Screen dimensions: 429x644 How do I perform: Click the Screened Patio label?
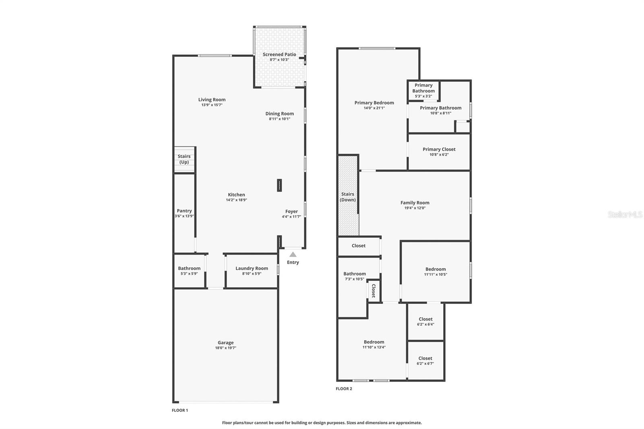pos(279,54)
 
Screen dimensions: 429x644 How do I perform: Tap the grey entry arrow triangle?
pos(293,254)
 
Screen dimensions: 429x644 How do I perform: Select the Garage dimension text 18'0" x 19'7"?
pos(225,348)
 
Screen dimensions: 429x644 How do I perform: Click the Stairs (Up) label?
pos(184,159)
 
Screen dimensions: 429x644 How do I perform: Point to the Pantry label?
pos(184,210)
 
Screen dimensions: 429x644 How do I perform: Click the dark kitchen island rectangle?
pos(279,185)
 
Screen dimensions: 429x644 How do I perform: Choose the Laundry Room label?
pos(252,268)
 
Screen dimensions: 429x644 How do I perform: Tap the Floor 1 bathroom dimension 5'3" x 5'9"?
pos(189,274)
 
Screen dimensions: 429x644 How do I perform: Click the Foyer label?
pos(291,211)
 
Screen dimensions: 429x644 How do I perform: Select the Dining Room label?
pos(279,113)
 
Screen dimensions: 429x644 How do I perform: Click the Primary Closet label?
pos(439,149)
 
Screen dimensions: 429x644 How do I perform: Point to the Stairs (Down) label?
pos(348,197)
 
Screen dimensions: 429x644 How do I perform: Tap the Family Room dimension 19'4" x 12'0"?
pos(415,208)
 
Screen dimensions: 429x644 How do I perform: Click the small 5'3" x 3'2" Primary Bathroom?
pos(423,91)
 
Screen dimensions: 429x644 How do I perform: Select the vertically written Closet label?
pos(374,290)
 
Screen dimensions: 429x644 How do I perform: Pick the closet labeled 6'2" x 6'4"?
pos(425,321)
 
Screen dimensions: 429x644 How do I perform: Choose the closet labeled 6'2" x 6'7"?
pos(425,361)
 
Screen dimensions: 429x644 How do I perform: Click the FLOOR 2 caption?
pos(344,389)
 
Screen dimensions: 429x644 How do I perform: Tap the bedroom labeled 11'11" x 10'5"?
pos(436,272)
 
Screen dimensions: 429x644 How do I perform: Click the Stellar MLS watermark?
pos(625,214)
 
